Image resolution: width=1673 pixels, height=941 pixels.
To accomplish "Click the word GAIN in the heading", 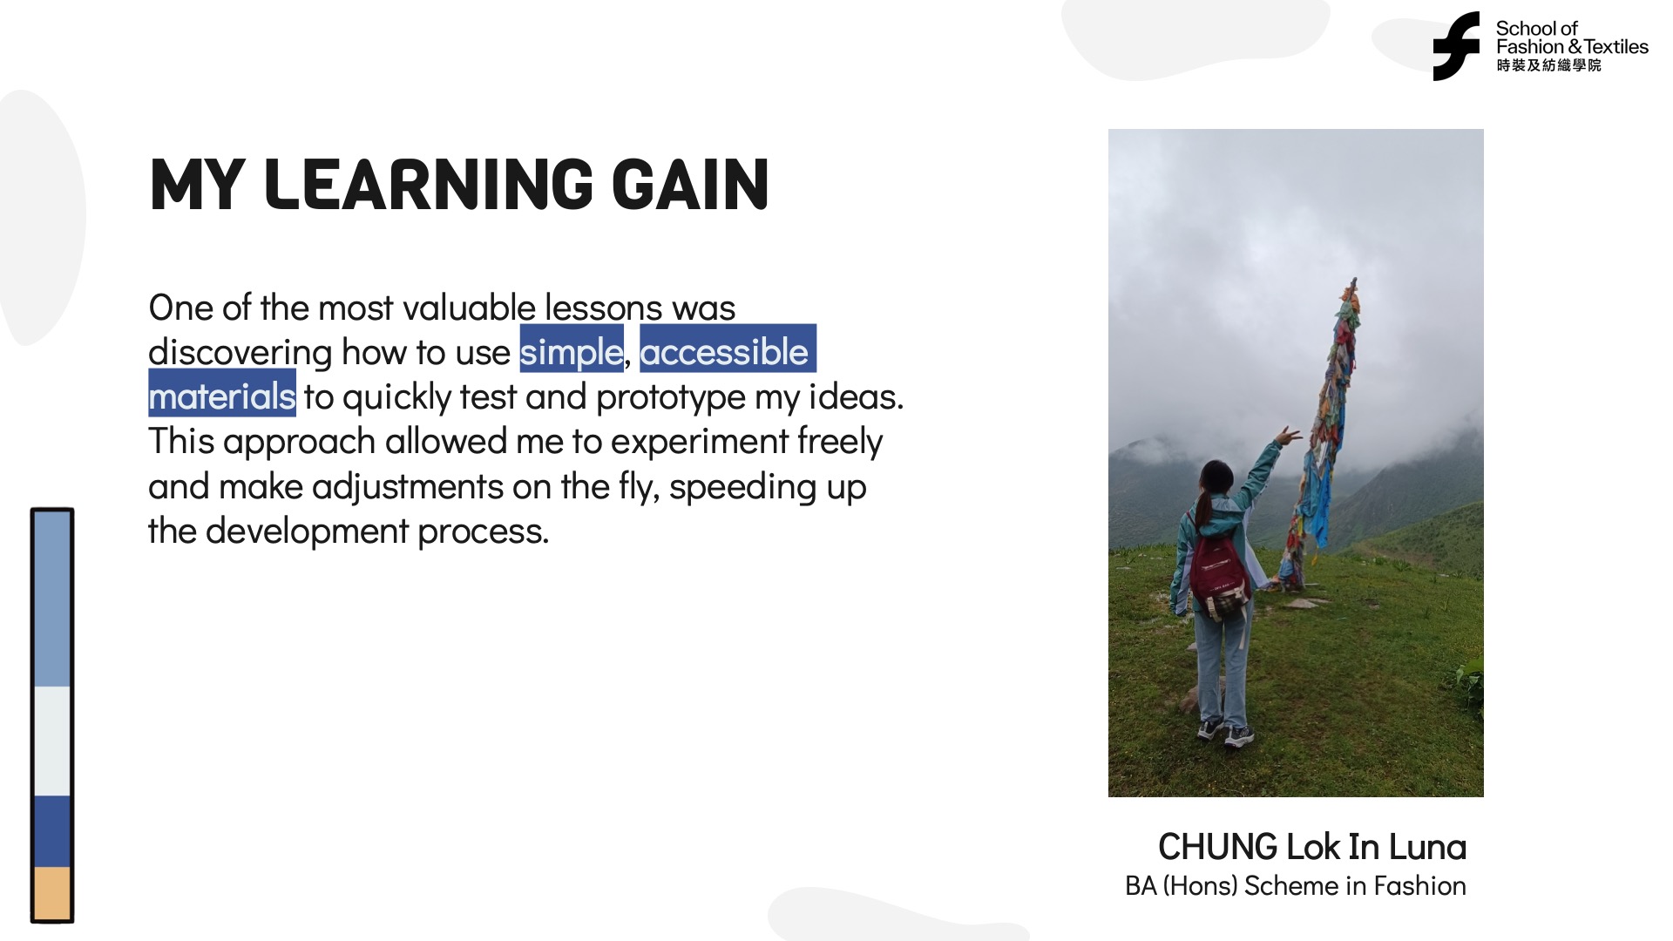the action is pos(690,185).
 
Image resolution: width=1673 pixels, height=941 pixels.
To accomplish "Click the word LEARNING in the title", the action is pos(428,185).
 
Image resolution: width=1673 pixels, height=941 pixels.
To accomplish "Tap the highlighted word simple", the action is pos(572,351).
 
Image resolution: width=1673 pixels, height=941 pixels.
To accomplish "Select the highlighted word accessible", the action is pos(725,351).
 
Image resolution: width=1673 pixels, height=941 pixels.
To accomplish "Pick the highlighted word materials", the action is pos(222,396).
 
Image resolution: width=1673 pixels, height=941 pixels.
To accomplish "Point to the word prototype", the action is pos(671,398).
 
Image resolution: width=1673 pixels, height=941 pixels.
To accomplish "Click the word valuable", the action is pos(469,308).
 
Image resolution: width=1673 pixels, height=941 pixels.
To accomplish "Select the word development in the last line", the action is pos(307,531).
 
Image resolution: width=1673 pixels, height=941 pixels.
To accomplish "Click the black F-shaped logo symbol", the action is pos(1456,46).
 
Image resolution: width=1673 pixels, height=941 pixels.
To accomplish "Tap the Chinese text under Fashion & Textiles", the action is pos(1548,65).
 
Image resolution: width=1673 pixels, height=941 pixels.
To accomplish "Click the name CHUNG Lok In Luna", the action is pos(1312,847).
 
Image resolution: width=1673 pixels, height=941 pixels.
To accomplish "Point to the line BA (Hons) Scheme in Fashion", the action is pos(1296,886).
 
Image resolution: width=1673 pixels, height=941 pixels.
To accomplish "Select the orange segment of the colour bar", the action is pos(52,892).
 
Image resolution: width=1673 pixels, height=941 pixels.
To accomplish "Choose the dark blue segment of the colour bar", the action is pos(52,831).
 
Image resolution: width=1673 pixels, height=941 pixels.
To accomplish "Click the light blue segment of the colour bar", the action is pos(52,599).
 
